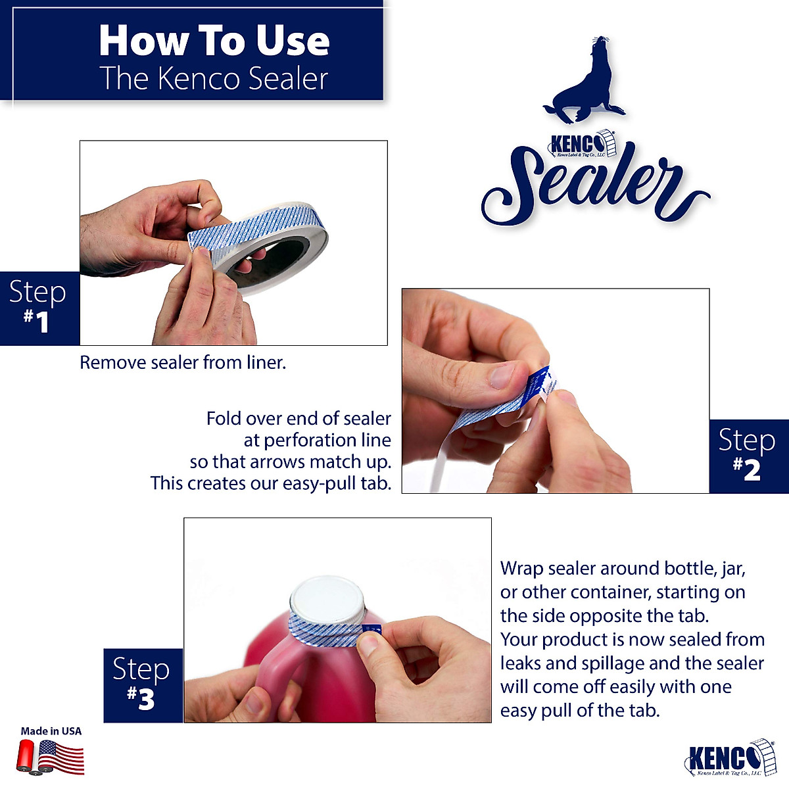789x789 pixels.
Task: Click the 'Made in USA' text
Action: coord(51,730)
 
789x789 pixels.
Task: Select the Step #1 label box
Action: coord(39,308)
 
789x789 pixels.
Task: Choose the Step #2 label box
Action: coord(748,456)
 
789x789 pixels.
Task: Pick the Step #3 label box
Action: coord(143,685)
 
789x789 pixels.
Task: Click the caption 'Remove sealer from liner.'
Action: coord(183,362)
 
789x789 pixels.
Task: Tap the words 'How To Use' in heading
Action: coord(214,41)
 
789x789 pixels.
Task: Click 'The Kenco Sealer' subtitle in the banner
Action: coord(214,79)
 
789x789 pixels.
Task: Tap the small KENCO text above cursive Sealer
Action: coord(572,143)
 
